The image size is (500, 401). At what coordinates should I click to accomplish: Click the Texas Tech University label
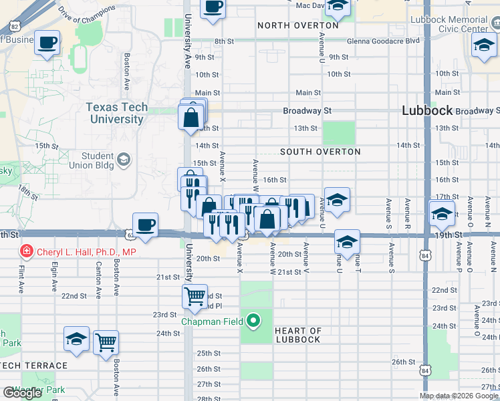(x=116, y=114)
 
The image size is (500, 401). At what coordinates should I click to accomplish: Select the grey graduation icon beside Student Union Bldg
(x=124, y=160)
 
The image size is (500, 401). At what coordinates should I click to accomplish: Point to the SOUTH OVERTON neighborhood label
(x=320, y=152)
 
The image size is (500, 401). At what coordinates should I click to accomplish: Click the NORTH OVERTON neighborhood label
(x=292, y=25)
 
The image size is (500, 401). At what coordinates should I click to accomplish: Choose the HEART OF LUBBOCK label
(x=298, y=335)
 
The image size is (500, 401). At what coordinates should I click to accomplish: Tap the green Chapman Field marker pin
(x=253, y=321)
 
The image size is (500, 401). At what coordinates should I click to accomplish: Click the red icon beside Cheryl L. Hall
(x=26, y=252)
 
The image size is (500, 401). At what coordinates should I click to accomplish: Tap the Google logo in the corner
(x=22, y=393)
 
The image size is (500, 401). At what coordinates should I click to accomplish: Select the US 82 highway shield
(x=15, y=27)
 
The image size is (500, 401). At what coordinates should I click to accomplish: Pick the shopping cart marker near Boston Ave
(x=106, y=343)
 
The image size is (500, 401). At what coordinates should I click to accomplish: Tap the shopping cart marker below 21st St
(x=195, y=296)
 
